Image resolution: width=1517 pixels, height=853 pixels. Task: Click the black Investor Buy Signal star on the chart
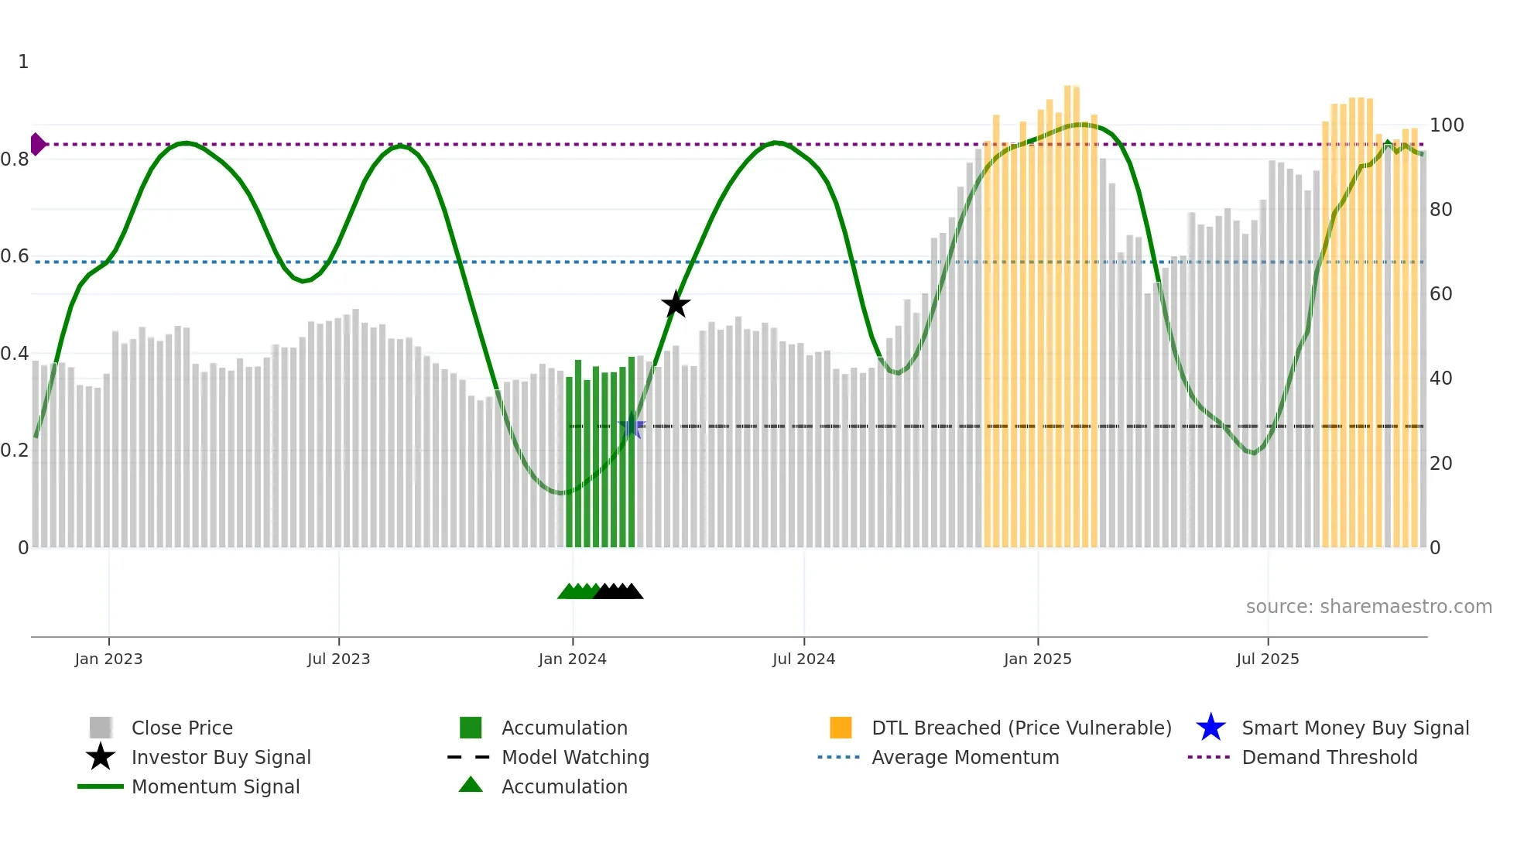tap(676, 304)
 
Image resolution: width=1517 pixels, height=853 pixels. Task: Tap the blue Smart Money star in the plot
tap(632, 426)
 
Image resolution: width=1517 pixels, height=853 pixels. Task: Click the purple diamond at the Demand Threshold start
tap(37, 144)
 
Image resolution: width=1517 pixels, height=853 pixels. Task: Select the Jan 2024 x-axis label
tap(572, 659)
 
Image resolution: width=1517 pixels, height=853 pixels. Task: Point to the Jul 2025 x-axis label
tap(1267, 659)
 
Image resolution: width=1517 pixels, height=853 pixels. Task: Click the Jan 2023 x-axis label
tap(108, 659)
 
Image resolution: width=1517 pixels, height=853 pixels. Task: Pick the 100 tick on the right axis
tap(1446, 125)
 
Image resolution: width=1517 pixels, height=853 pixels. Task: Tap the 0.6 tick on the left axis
tap(15, 256)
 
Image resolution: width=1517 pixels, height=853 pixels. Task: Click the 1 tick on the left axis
tap(23, 61)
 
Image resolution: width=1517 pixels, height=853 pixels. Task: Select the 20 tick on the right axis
tap(1440, 463)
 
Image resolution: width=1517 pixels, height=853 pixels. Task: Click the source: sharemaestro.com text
tap(1368, 606)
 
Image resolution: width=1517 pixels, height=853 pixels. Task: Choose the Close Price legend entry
tap(182, 728)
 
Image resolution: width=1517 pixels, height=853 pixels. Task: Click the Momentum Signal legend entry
tap(215, 786)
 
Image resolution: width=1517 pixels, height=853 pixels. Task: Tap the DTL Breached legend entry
tap(1021, 728)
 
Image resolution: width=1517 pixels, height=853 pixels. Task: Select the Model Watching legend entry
tap(575, 757)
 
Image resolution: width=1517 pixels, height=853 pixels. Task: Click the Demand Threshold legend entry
tap(1329, 757)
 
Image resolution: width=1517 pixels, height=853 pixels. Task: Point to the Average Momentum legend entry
tap(964, 757)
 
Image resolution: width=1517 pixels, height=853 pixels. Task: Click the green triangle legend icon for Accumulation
tap(470, 785)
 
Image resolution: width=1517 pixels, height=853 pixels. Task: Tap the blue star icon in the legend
tap(1211, 728)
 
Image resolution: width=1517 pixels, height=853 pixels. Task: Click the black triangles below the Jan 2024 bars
tap(619, 591)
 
